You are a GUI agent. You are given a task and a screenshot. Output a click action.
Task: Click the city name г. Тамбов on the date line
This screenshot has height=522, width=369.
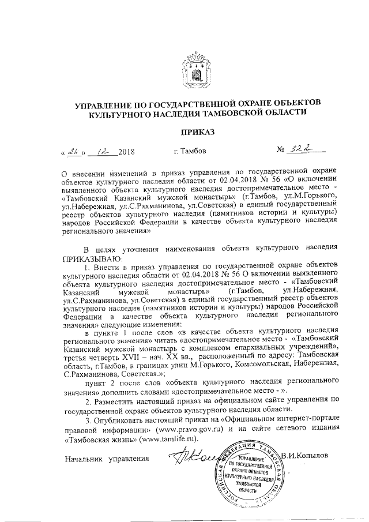pyautogui.click(x=188, y=152)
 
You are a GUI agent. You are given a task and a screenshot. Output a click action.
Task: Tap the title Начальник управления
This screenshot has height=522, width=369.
pyautogui.click(x=107, y=460)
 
